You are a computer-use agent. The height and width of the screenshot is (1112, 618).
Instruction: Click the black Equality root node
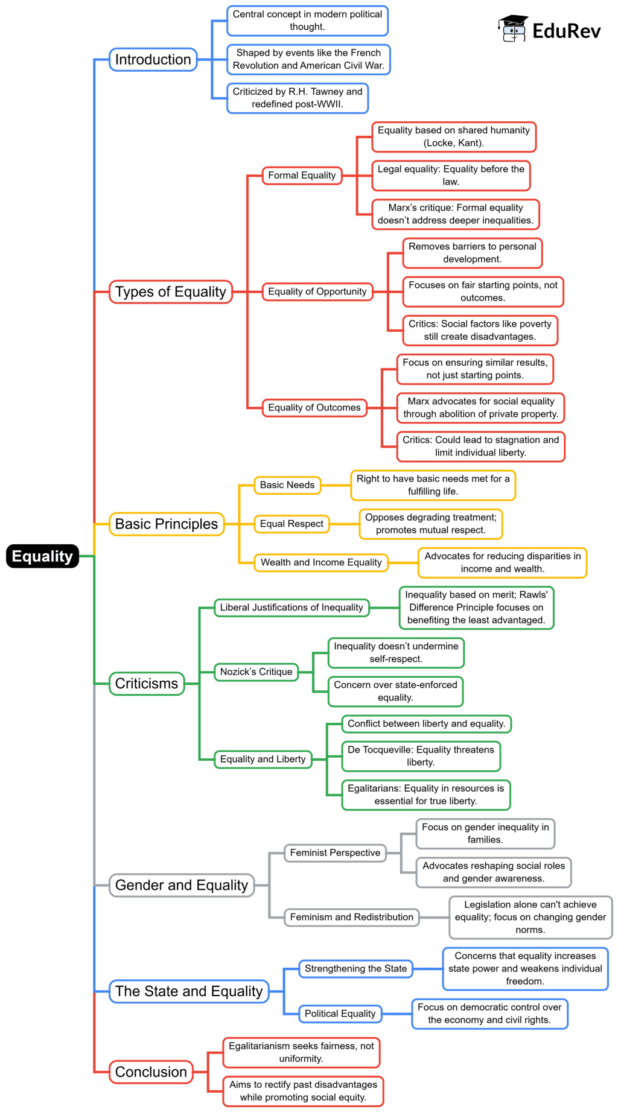coord(42,556)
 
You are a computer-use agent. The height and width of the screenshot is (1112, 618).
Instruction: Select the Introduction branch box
coord(153,59)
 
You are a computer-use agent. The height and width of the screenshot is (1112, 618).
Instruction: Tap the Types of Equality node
coord(170,291)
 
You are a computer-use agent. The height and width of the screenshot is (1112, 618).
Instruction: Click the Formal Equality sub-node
coord(302,175)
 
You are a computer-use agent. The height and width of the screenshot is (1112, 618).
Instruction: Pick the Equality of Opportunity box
coord(317,291)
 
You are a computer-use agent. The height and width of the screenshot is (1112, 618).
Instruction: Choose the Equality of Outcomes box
coord(314,407)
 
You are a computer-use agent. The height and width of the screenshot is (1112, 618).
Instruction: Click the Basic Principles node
coord(166,524)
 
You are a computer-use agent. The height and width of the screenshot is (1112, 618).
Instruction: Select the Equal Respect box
coord(291,524)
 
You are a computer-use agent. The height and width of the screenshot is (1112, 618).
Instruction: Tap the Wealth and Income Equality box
coord(320,562)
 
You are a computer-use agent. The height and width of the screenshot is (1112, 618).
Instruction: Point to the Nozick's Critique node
coord(256,672)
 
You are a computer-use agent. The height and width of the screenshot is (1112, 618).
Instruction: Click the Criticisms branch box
coord(147,684)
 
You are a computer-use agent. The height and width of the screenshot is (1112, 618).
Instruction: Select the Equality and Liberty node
coord(263,759)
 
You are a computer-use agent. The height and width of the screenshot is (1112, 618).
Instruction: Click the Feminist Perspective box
coord(335,853)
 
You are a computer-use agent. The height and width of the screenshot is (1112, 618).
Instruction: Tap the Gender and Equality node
coord(181,885)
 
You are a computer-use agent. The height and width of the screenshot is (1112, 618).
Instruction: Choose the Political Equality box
coord(340,1014)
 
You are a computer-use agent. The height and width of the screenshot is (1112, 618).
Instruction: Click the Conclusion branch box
coord(151,1072)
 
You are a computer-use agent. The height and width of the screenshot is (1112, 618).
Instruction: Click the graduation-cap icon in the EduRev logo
coord(513,28)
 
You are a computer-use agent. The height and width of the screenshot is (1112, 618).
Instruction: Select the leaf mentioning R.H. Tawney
coord(298,98)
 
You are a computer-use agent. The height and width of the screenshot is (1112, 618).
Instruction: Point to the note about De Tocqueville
coord(421,755)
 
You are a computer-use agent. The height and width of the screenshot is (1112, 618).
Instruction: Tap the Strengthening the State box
coord(355,968)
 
